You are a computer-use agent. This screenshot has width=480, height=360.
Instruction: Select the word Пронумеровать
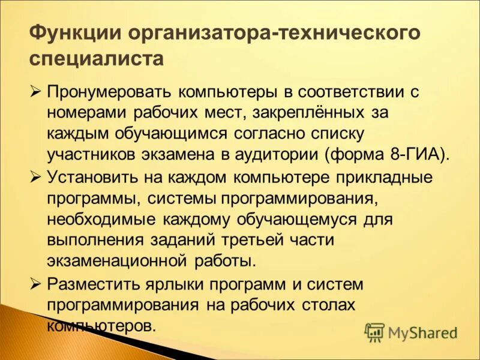pyautogui.click(x=110, y=93)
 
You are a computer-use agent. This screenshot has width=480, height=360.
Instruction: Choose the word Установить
pyautogui.click(x=96, y=178)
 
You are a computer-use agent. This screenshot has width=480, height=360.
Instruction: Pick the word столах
pyautogui.click(x=327, y=304)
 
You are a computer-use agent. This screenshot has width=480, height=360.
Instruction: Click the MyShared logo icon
pyautogui.click(x=375, y=332)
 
